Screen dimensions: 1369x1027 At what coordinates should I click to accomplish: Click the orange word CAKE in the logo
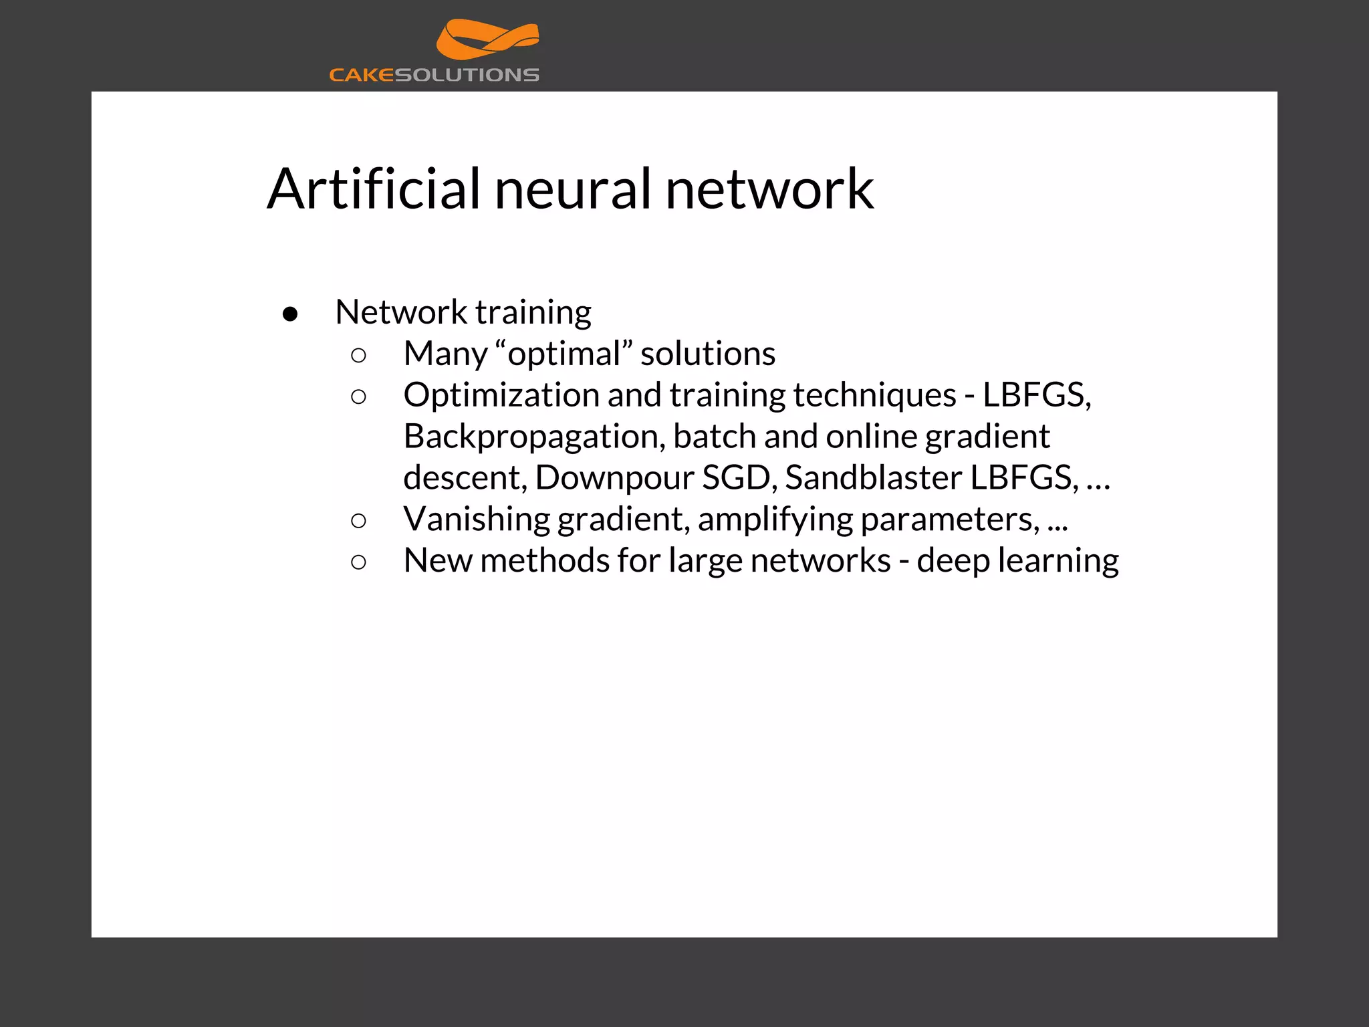(x=362, y=75)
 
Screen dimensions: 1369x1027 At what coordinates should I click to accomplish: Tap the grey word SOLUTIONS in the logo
(x=467, y=75)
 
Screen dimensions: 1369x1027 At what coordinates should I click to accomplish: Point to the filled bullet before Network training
(x=290, y=314)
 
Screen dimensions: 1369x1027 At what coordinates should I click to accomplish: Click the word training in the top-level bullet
(x=533, y=312)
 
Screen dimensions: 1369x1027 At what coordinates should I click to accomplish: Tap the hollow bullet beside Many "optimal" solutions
(x=358, y=355)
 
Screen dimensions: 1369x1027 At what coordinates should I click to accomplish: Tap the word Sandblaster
(x=874, y=477)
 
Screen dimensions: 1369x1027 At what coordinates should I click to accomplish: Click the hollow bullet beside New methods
(x=358, y=562)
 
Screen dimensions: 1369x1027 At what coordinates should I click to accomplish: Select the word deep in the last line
(x=953, y=560)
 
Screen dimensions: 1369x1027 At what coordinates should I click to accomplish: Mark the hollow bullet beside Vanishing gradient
(x=358, y=520)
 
